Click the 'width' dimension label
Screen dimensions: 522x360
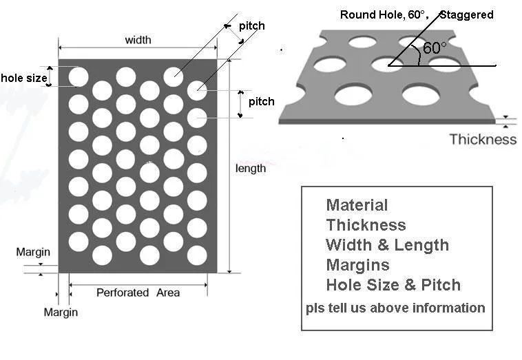(138, 40)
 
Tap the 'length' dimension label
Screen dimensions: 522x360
(250, 169)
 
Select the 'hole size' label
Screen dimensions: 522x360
(24, 78)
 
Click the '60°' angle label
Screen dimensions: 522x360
(435, 48)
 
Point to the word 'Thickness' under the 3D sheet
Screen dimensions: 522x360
(483, 140)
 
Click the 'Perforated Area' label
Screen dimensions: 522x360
(138, 293)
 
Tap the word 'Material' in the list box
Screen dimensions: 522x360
(357, 205)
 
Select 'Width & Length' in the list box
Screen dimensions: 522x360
(387, 245)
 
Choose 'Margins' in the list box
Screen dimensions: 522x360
(357, 265)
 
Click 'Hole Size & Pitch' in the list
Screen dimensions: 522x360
(393, 285)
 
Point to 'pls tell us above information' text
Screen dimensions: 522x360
(395, 308)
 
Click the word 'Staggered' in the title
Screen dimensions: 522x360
(466, 14)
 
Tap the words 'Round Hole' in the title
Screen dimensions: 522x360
(367, 14)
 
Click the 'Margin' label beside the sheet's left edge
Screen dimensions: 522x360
(33, 252)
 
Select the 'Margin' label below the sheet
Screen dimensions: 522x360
(61, 313)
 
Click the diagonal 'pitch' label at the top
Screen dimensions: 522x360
(251, 26)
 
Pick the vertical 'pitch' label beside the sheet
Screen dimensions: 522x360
(261, 102)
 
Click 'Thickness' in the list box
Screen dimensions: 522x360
(366, 225)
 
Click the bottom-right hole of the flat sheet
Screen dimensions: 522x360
(197, 255)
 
